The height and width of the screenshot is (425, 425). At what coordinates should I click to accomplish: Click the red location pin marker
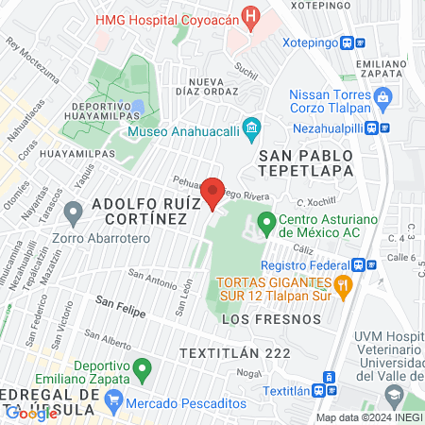click(x=213, y=193)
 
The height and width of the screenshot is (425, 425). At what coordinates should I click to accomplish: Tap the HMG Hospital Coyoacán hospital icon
click(x=249, y=16)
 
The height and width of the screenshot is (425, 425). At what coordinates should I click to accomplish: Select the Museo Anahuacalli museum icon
click(x=251, y=127)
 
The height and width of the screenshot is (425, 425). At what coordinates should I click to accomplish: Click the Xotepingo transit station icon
click(x=349, y=42)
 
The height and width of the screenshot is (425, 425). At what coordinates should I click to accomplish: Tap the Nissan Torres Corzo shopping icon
click(x=383, y=95)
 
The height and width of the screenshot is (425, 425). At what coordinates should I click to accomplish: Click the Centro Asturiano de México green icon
click(x=266, y=224)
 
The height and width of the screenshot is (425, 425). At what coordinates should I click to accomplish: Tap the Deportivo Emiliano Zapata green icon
click(x=143, y=366)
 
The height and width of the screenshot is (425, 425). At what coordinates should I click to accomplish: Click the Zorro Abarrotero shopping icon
click(x=39, y=238)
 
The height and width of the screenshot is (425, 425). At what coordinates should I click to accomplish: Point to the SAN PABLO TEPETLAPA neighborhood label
click(x=300, y=161)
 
